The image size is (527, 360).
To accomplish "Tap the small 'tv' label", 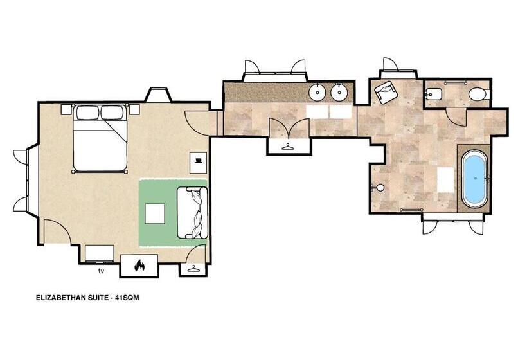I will pyautogui.click(x=101, y=271).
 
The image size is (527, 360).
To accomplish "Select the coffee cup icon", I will pyautogui.click(x=198, y=160).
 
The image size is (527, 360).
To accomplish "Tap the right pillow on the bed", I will pyautogui.click(x=112, y=113).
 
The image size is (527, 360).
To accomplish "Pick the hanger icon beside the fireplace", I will pyautogui.click(x=193, y=269).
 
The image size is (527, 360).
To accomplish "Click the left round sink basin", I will pyautogui.click(x=317, y=93).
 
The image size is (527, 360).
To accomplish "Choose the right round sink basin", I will pyautogui.click(x=339, y=93).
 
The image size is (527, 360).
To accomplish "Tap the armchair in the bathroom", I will pyautogui.click(x=386, y=93).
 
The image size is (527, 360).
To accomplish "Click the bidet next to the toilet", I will pyautogui.click(x=432, y=94).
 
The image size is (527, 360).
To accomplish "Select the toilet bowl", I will pyautogui.click(x=477, y=95).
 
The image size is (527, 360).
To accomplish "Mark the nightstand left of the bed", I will pyautogui.click(x=67, y=109).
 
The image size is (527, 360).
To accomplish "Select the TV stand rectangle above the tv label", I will pyautogui.click(x=100, y=253).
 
